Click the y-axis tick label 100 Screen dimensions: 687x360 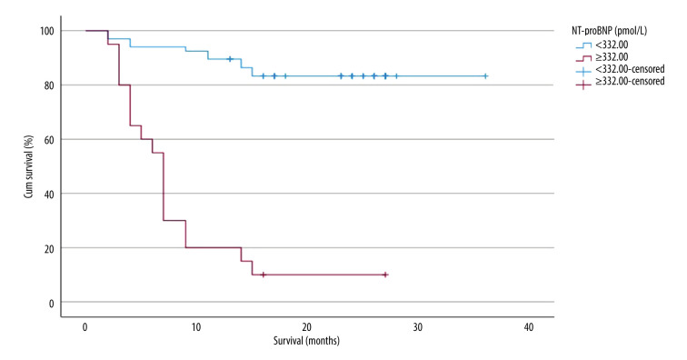47,31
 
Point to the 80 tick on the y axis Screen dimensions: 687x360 49,85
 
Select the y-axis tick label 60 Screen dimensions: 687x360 49,139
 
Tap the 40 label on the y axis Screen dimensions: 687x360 49,194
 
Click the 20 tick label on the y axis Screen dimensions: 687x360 49,248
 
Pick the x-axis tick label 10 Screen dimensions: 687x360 195,327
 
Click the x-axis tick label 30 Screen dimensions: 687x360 417,327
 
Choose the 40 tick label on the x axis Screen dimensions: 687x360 529,327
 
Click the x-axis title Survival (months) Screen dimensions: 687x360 307,341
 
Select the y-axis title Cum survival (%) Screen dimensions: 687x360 28,166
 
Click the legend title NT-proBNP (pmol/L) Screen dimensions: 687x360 609,31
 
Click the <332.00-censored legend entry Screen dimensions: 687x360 620,69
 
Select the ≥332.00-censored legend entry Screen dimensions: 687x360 620,82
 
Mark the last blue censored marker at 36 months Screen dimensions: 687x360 485,75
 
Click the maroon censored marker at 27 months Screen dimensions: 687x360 385,275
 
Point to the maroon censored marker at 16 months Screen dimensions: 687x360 263,275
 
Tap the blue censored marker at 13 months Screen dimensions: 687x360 230,59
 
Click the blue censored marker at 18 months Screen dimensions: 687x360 285,75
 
